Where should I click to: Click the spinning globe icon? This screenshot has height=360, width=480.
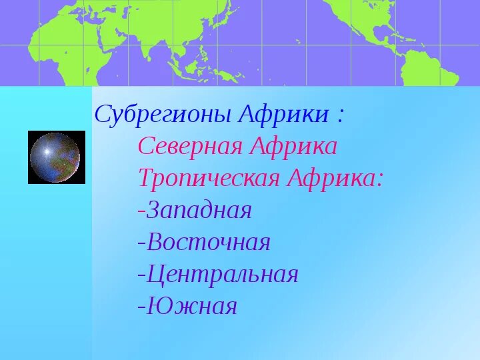coord(56,157)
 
